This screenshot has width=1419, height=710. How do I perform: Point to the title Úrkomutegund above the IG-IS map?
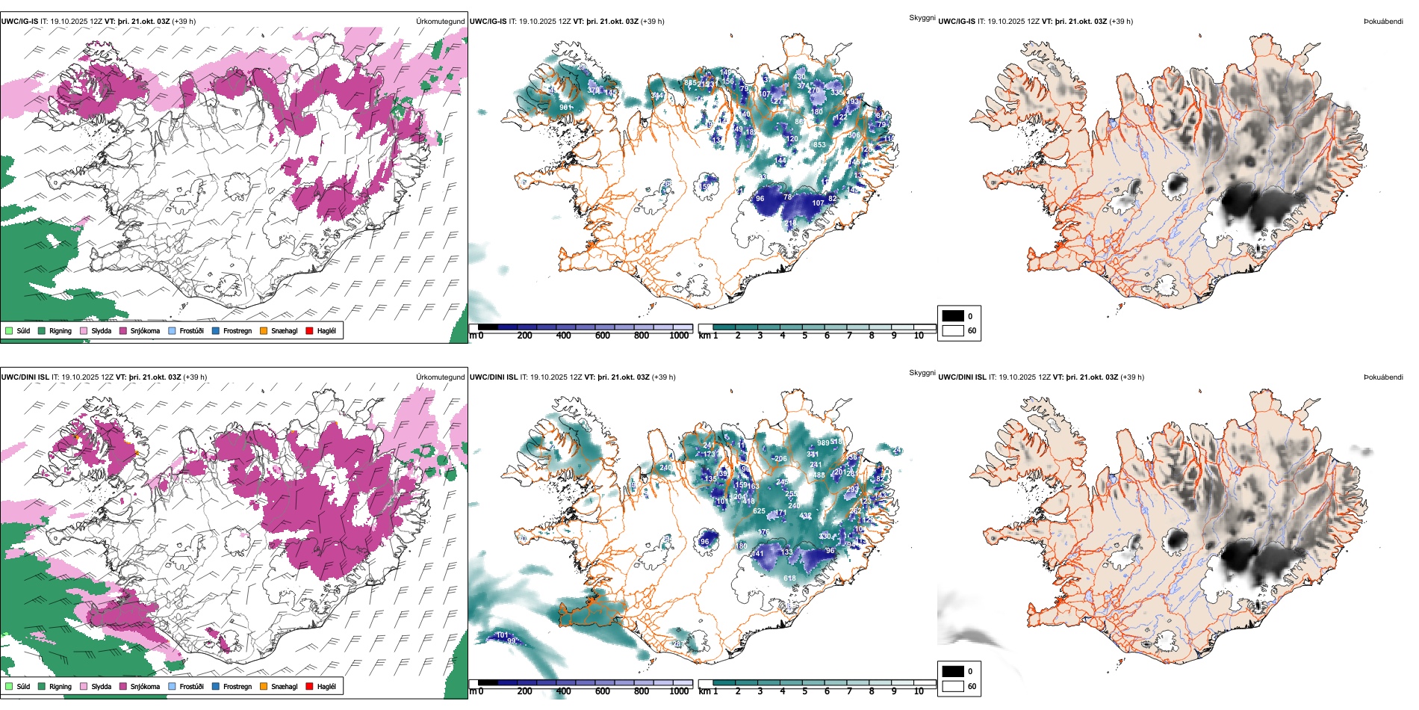[x=440, y=22]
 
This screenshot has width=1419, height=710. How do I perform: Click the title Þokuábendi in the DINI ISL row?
[x=1383, y=377]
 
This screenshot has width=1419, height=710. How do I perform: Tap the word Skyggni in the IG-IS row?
[x=922, y=18]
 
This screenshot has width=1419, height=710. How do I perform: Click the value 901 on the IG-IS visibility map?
[x=565, y=108]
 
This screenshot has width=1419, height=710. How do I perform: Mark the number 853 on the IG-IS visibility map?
[x=819, y=145]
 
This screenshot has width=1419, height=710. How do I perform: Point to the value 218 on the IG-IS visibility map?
[x=790, y=223]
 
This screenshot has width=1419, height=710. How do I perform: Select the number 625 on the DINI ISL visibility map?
[x=759, y=511]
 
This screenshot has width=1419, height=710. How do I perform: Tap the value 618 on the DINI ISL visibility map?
[x=789, y=578]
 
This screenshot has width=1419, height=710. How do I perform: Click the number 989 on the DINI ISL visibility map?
[x=823, y=443]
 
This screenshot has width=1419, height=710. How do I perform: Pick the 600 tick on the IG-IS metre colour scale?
[x=602, y=336]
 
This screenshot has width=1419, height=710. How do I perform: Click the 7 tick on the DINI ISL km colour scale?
[x=849, y=691]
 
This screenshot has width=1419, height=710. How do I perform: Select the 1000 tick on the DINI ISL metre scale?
[x=679, y=691]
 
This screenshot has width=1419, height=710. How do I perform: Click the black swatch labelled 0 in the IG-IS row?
[x=953, y=316]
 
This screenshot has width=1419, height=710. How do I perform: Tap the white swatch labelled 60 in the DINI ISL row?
[x=953, y=686]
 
